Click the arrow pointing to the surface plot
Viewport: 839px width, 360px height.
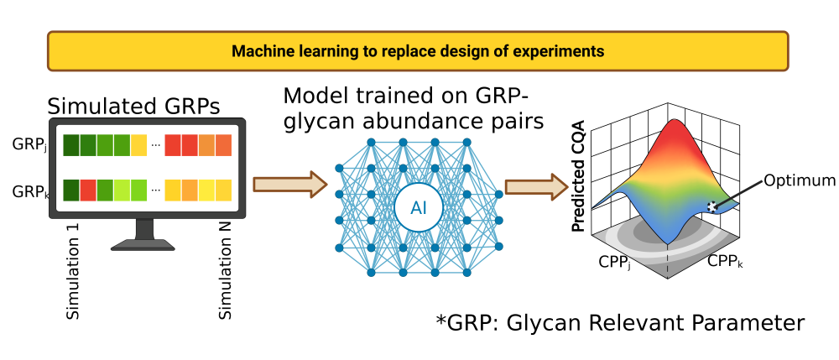[x=536, y=186]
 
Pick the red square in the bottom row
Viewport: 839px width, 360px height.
[x=88, y=190]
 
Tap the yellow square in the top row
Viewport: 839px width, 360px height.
[x=138, y=145]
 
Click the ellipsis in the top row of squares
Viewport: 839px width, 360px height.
[x=156, y=146]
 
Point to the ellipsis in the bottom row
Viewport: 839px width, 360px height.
[x=156, y=191]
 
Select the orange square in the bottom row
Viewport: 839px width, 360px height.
[x=190, y=190]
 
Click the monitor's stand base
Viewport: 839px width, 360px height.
[x=143, y=244]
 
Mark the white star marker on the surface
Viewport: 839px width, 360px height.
[x=712, y=206]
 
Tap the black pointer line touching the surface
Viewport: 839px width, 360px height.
[x=743, y=191]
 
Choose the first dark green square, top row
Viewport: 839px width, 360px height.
[x=71, y=145]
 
